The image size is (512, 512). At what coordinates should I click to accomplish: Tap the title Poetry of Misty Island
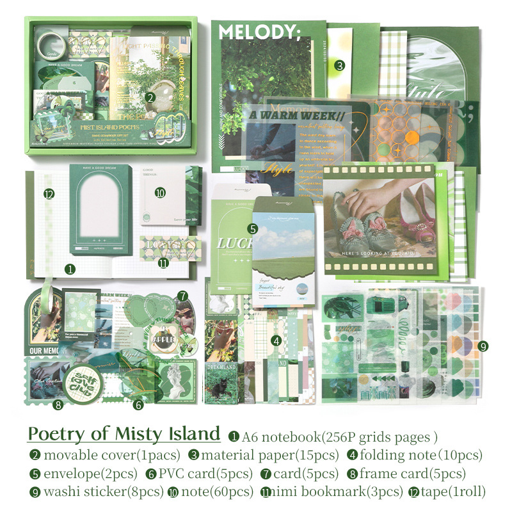tap(124, 434)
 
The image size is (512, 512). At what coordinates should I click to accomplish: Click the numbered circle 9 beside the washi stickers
tap(483, 346)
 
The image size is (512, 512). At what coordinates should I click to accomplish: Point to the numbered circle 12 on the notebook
tap(49, 194)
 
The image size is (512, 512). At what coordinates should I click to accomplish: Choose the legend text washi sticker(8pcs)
tap(88, 492)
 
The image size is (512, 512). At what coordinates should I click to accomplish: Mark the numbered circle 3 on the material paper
tap(340, 65)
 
